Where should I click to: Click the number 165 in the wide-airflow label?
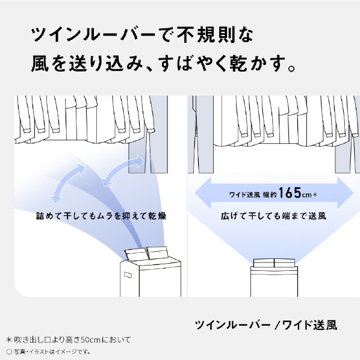[x=290, y=193]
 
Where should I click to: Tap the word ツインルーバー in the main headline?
[x=93, y=35]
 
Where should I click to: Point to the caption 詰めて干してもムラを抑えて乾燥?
[x=101, y=216]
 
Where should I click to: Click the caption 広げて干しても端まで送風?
[x=273, y=216]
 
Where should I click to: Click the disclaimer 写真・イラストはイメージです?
[x=51, y=352]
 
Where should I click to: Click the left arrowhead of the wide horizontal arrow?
[x=203, y=193]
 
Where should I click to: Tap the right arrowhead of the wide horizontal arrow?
[x=345, y=193]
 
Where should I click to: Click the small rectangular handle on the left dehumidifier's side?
[x=128, y=275]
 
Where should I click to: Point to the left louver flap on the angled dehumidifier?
[x=136, y=255]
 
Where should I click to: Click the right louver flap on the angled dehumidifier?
[x=158, y=253]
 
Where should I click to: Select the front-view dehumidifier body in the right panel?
[x=274, y=278]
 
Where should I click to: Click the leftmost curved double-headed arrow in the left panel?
[x=67, y=183]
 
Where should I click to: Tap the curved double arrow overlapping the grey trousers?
[x=123, y=170]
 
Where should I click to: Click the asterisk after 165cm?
[x=315, y=195]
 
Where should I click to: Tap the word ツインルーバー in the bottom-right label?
[x=232, y=325]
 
